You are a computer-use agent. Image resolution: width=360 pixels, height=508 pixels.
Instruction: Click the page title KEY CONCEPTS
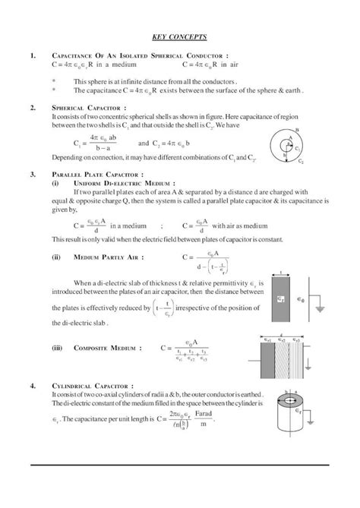[x=179, y=36]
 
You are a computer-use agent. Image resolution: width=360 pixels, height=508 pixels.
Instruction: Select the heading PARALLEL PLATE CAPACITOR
[x=94, y=174]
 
